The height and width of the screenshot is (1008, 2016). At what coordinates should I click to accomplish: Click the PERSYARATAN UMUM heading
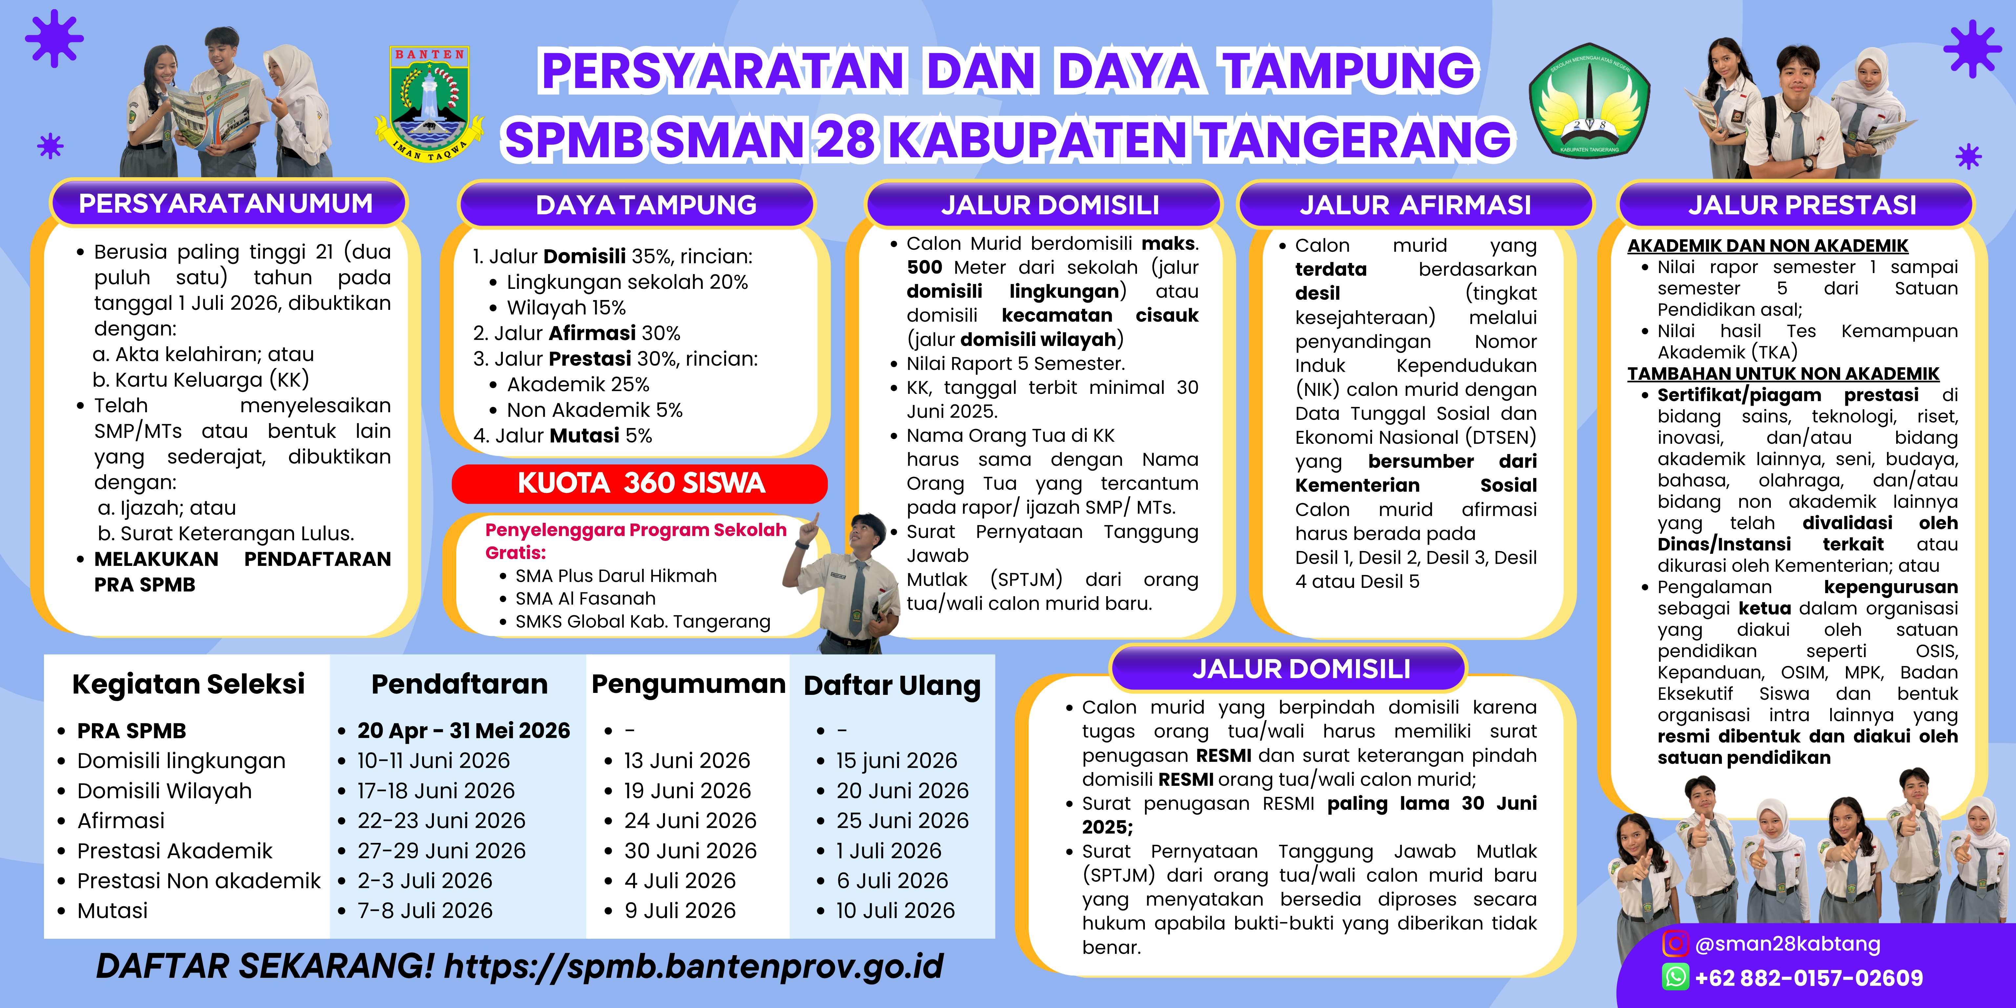point(226,204)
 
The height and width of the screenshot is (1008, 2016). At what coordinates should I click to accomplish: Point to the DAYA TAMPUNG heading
point(646,205)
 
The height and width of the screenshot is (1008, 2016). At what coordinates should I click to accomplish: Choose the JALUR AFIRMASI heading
point(1415,205)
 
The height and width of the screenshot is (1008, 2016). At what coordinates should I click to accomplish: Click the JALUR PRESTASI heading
point(1802,205)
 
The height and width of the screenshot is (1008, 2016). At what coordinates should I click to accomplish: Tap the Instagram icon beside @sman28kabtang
point(1675,944)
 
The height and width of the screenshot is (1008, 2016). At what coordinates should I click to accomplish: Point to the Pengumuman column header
point(688,684)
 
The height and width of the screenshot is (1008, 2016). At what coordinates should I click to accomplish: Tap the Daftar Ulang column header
point(892,686)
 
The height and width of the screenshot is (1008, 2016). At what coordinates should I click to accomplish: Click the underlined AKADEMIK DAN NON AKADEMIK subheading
point(1767,246)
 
